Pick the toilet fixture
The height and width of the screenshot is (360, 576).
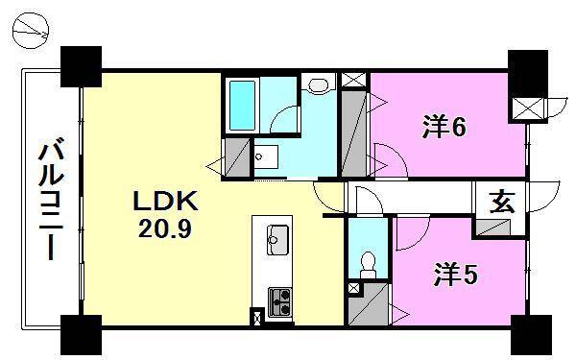[366, 261]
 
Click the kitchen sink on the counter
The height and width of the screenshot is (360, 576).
[278, 236]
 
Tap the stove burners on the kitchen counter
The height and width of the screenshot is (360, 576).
[278, 300]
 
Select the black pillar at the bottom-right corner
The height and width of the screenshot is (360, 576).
[528, 333]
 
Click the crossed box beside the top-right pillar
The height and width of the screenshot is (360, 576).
[526, 108]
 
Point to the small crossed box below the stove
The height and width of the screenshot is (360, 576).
[257, 317]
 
